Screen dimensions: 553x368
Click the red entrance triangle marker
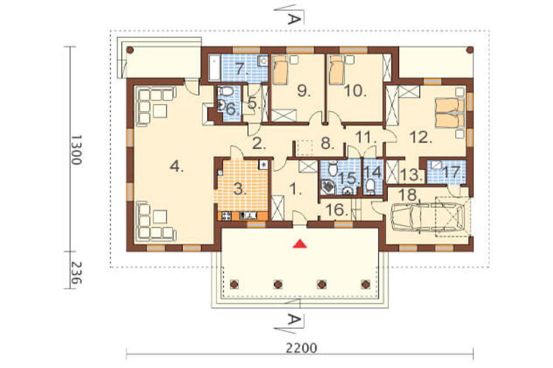point(300,243)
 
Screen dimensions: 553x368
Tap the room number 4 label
point(177,166)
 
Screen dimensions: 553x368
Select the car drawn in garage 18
point(427,218)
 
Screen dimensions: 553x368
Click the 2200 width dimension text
point(301,348)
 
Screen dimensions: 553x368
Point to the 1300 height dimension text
point(76,149)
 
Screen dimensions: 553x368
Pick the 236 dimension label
point(76,273)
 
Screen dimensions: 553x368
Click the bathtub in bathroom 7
point(214,67)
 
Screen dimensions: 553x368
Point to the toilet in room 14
point(370,186)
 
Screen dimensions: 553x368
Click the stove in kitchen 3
point(226,215)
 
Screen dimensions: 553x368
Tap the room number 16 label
point(337,210)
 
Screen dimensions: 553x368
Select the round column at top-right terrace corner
point(469,50)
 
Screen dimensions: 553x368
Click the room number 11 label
point(366,137)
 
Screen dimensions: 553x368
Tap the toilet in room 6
point(227,92)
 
